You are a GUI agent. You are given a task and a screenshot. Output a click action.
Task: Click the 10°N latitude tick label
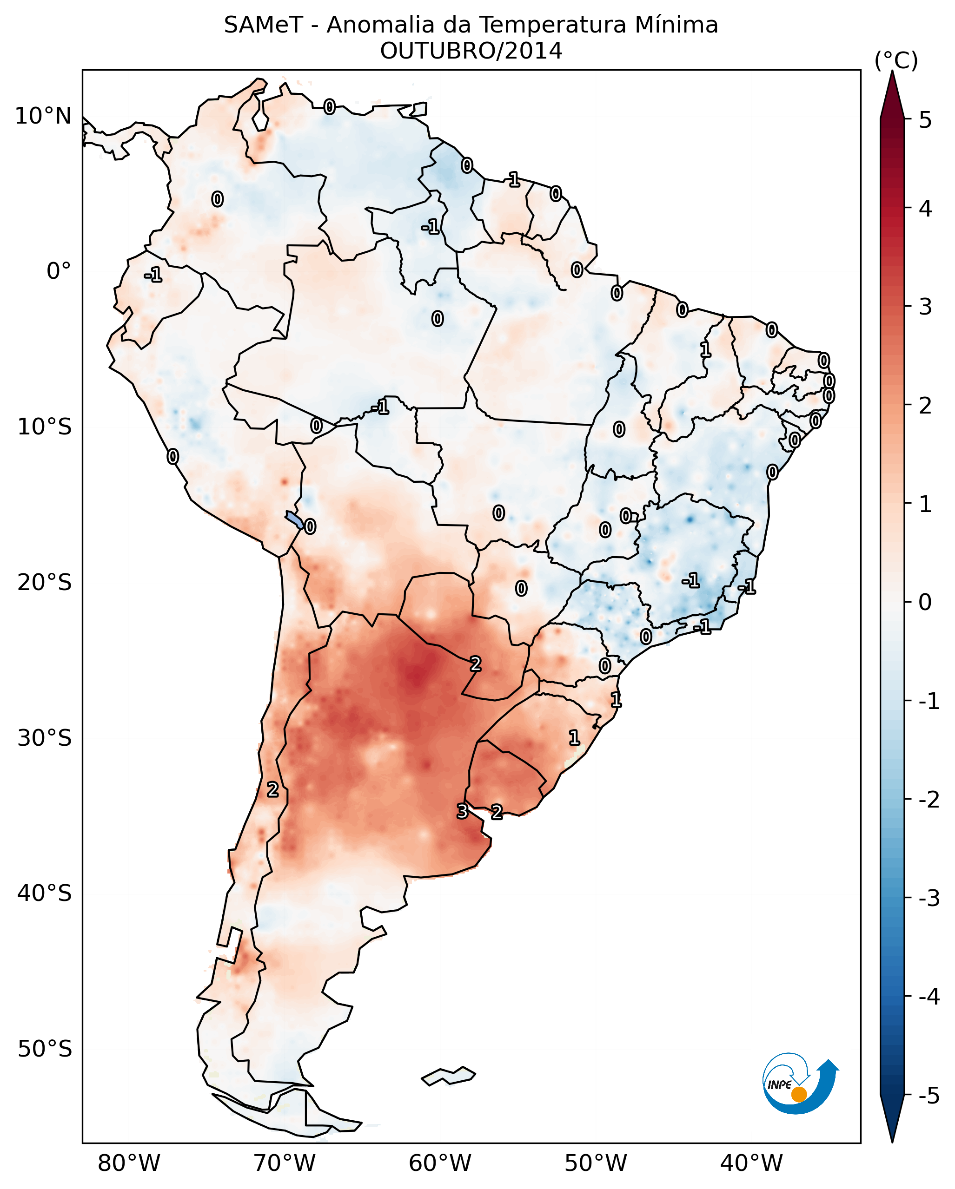point(43,116)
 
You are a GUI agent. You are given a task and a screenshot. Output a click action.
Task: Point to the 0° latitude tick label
point(59,271)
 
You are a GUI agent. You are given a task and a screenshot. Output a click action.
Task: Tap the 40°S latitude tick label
point(44,893)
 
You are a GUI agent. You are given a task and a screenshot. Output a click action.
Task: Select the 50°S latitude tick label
point(44,1049)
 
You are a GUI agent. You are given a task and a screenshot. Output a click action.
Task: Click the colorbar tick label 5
point(925,120)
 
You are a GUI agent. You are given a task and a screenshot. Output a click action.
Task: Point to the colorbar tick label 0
point(925,602)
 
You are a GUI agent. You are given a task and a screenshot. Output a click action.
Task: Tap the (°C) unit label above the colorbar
point(896,61)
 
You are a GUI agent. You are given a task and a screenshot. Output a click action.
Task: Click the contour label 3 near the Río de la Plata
point(462,811)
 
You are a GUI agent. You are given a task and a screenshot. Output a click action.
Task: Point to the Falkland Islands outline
point(448,1076)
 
